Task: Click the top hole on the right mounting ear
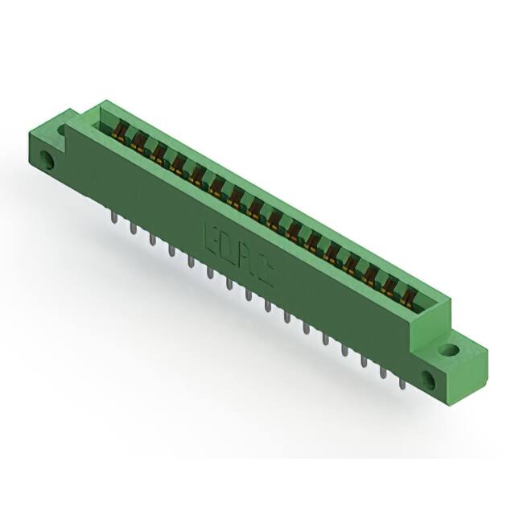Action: coord(448,351)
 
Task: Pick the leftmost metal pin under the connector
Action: coord(111,220)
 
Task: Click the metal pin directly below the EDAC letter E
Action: coord(209,274)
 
